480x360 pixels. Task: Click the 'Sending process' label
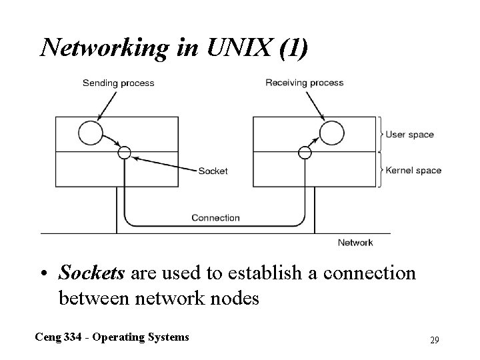coord(118,83)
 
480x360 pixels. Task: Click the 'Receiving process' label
coord(305,83)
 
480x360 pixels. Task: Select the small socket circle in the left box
coord(124,153)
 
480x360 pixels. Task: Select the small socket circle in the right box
coord(305,153)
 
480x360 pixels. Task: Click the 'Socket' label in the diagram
coord(213,171)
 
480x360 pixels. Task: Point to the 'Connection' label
coord(215,217)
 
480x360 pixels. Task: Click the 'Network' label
coord(355,243)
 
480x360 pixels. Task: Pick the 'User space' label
coord(411,135)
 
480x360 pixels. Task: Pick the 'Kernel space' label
coord(414,170)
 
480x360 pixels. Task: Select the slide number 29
coord(434,341)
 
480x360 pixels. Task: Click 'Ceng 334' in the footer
coord(58,337)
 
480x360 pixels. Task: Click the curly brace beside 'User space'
coord(381,135)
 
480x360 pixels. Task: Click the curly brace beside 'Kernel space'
coord(381,170)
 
